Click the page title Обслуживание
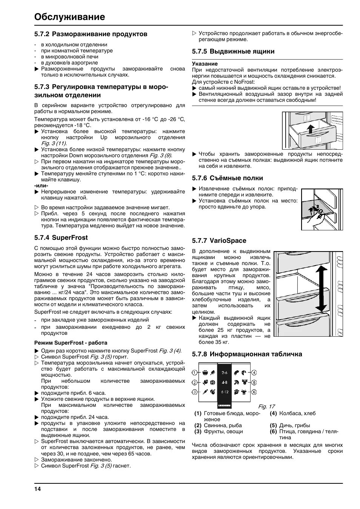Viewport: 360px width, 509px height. coord(69,17)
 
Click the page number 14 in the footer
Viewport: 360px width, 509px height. coord(37,489)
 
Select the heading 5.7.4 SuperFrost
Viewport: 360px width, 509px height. coord(61,238)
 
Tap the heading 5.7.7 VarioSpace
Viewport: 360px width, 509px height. coord(219,241)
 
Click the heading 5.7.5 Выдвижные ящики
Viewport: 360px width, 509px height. coord(233,51)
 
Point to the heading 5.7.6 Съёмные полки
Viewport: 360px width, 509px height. coord(227,178)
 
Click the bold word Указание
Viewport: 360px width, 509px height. coord(205,64)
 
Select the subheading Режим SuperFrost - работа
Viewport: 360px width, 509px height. coord(71,343)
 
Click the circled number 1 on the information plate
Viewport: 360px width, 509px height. coord(195,373)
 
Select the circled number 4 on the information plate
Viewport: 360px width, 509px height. coord(254,373)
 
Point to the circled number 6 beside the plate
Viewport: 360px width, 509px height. coord(254,392)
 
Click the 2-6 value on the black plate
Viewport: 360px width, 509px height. coord(225,373)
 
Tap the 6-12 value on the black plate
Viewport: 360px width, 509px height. coord(225,392)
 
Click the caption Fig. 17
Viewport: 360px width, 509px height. coord(266,406)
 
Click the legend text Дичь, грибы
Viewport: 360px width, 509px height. coord(294,425)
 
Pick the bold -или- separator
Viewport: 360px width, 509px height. coord(42,186)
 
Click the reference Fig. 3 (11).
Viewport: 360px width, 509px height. coord(54,143)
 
